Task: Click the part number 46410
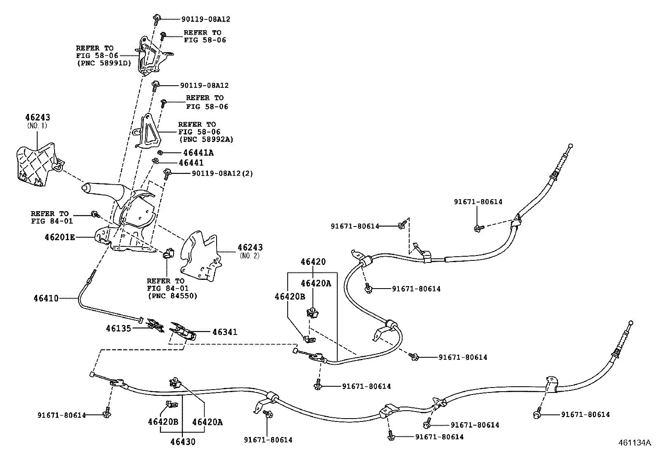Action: click(46, 298)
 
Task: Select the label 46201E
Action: click(60, 237)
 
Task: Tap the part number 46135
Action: click(118, 328)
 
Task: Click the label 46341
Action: click(225, 332)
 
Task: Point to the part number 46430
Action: click(183, 442)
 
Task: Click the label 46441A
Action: click(196, 153)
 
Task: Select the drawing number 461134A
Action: click(634, 443)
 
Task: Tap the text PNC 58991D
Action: click(103, 63)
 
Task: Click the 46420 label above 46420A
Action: click(313, 262)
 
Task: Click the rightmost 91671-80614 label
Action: click(585, 414)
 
